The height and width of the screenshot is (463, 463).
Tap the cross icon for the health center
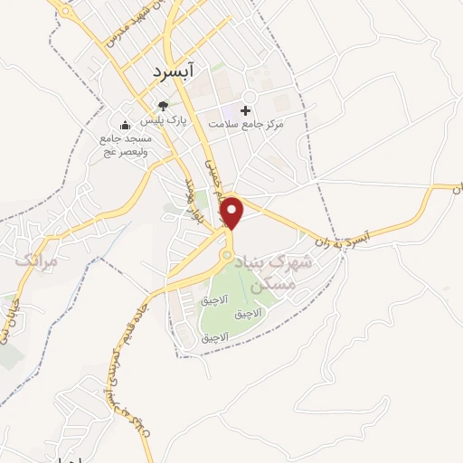[245, 109]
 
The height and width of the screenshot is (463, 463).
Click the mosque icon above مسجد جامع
[125, 125]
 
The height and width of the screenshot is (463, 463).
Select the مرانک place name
[36, 260]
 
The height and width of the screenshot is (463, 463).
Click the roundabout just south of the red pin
[227, 256]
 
